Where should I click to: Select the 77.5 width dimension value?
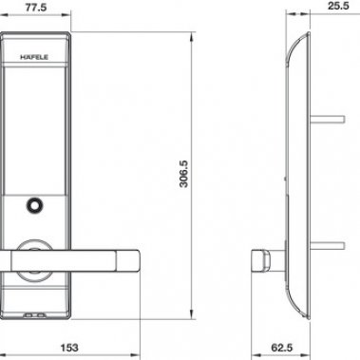37,9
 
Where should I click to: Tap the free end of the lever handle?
129,256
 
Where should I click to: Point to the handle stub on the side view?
257,257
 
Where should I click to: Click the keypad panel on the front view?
37,123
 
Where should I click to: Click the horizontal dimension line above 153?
71,335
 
